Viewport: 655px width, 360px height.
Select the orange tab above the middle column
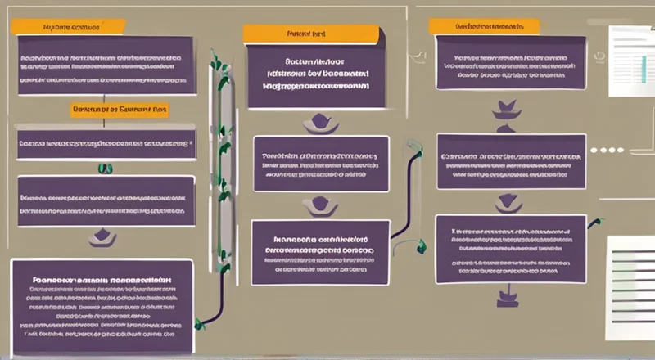(311, 34)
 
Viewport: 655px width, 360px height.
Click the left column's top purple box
(106, 65)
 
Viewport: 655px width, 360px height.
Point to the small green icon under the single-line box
(105, 169)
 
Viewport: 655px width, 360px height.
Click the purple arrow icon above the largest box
(102, 238)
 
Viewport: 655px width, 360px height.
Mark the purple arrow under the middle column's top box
(318, 124)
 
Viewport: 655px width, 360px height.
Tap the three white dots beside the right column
(606, 151)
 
